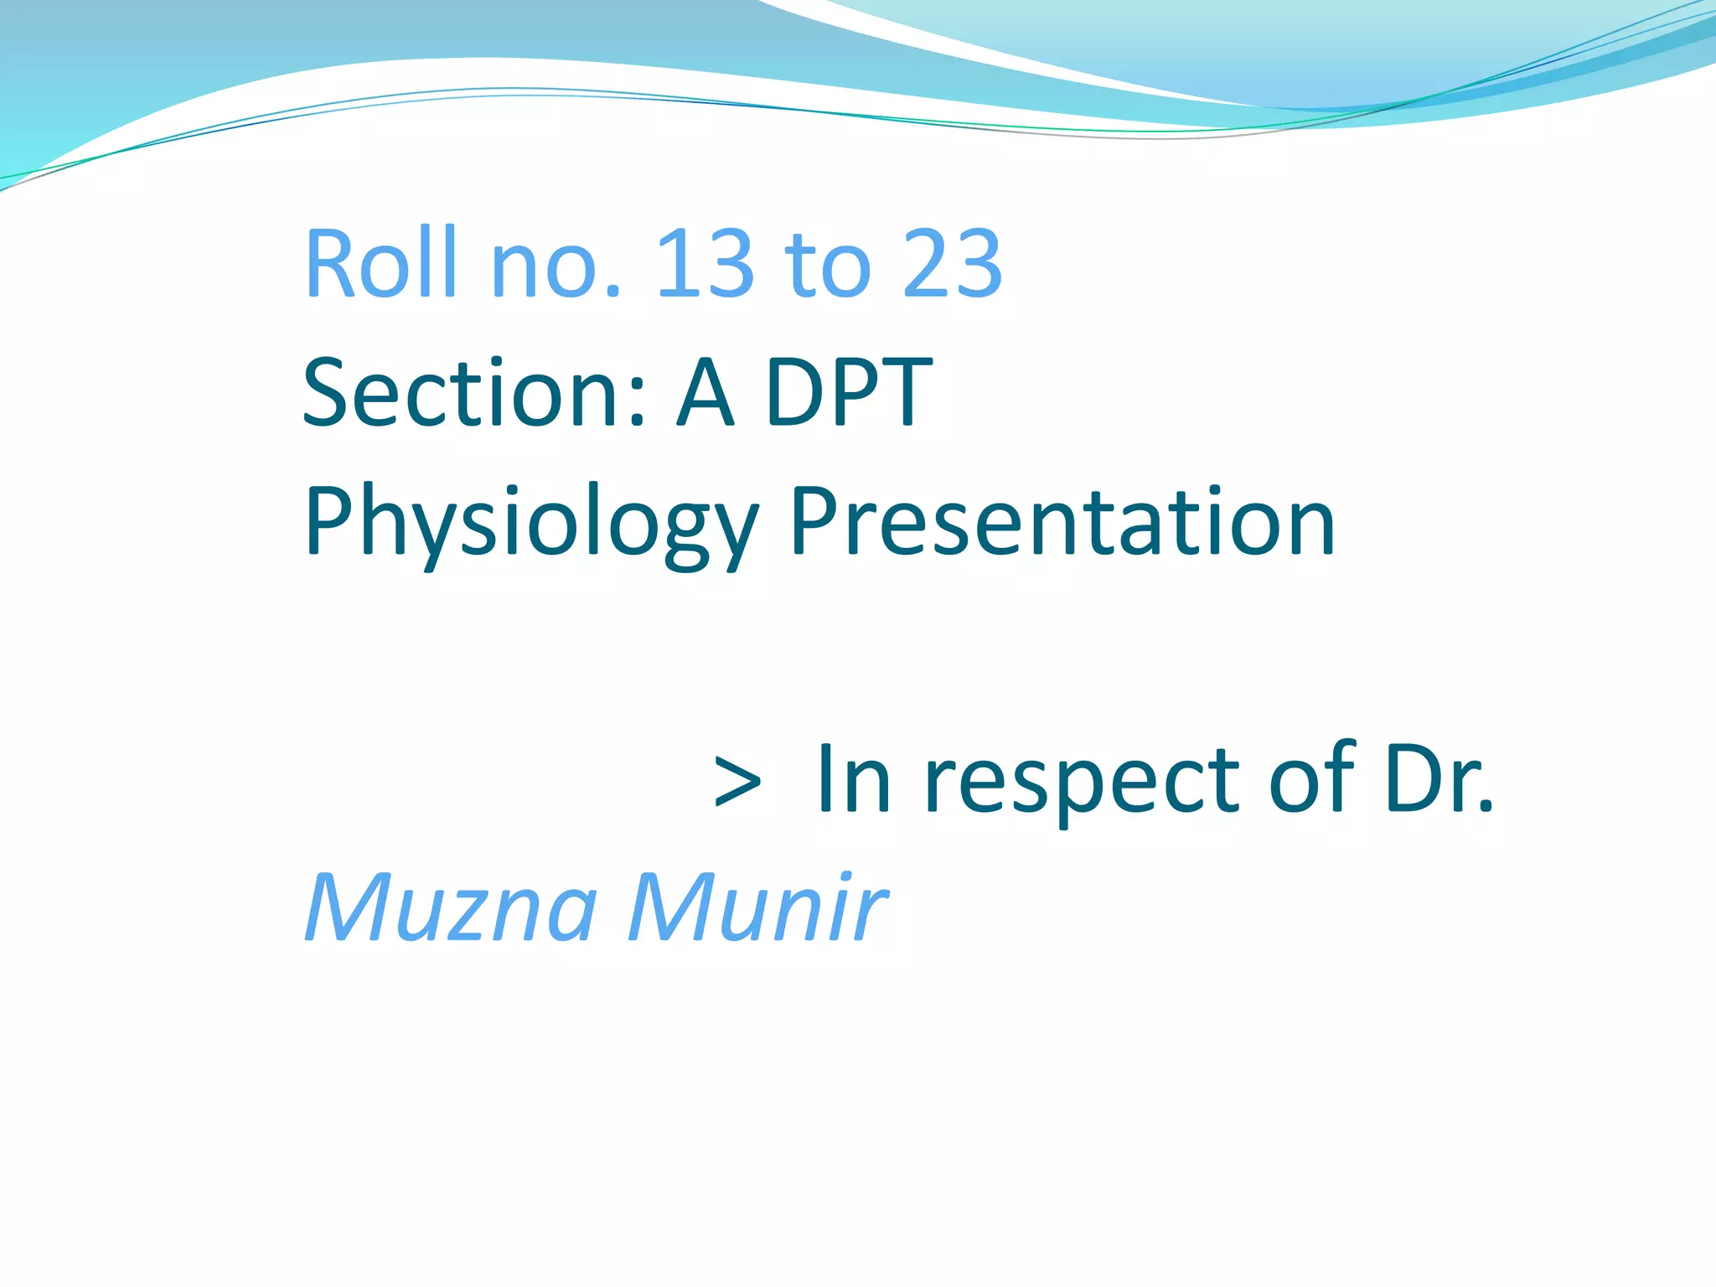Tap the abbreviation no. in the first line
pos(556,265)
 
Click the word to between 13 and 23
pos(827,265)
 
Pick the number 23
pos(952,265)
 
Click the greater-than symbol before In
pos(737,782)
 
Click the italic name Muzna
pos(451,908)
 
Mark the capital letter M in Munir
pos(668,908)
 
